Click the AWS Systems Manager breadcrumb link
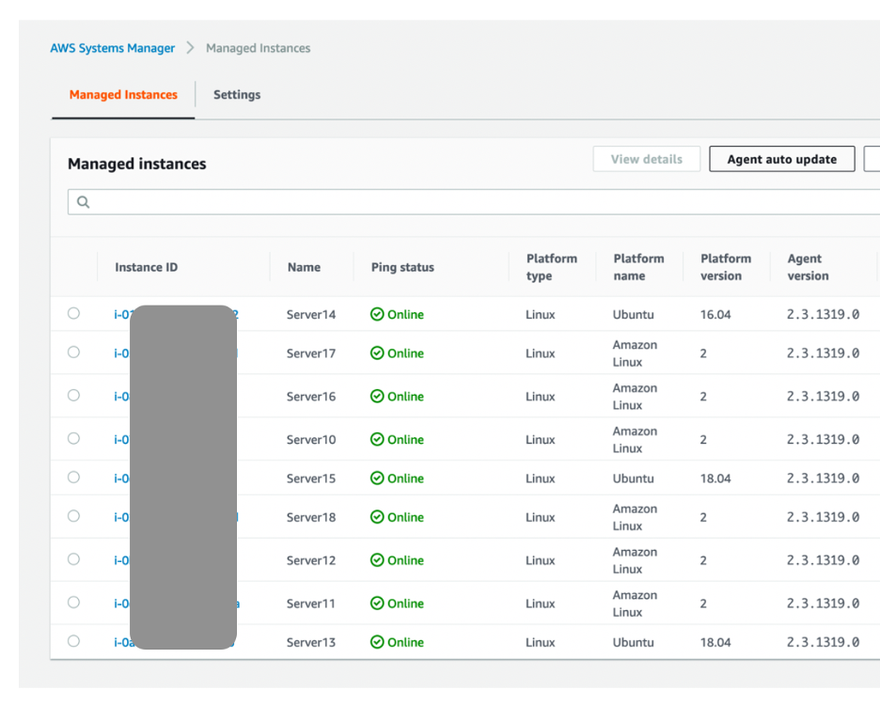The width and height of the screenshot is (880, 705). tap(112, 48)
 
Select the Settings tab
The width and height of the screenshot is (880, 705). tap(237, 95)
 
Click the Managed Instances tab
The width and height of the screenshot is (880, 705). tap(123, 95)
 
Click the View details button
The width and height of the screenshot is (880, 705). tap(646, 160)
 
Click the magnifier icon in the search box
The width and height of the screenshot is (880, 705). tap(84, 202)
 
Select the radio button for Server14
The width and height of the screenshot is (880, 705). tap(73, 314)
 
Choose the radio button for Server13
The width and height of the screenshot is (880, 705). tap(73, 642)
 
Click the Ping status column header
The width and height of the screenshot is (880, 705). tap(402, 268)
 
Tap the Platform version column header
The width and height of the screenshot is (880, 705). tap(725, 267)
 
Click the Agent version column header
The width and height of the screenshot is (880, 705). tap(808, 267)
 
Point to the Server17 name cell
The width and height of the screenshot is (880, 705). tap(311, 353)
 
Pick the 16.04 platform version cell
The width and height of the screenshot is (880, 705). tap(715, 315)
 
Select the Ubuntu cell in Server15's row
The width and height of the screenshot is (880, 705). tap(633, 478)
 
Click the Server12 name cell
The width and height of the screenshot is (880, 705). tap(311, 560)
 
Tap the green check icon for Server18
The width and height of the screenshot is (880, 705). tap(377, 518)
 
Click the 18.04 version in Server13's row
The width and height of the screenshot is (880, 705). tap(715, 643)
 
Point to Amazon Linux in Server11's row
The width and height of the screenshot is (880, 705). tap(635, 603)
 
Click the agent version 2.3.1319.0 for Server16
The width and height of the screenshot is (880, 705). tap(823, 397)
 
